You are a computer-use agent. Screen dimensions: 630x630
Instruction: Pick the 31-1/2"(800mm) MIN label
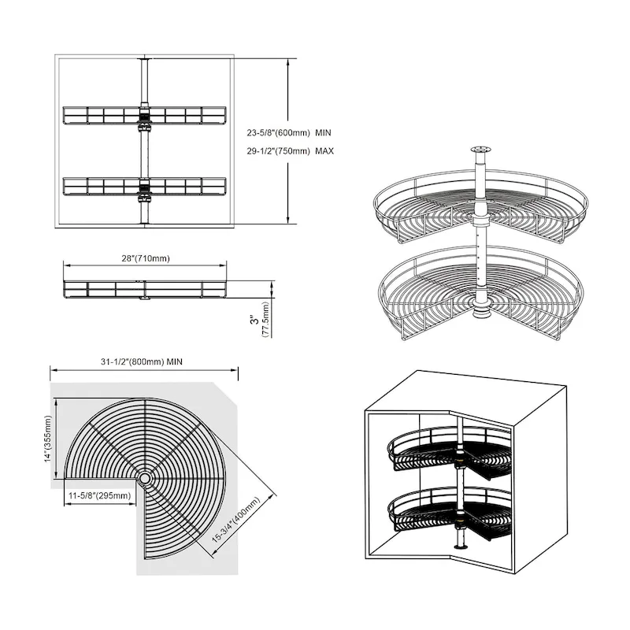click(x=143, y=361)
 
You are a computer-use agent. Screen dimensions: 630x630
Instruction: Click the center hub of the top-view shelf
click(x=146, y=477)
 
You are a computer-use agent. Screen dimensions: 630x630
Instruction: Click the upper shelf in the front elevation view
click(x=144, y=115)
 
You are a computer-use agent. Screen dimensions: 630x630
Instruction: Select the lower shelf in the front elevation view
click(x=144, y=187)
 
